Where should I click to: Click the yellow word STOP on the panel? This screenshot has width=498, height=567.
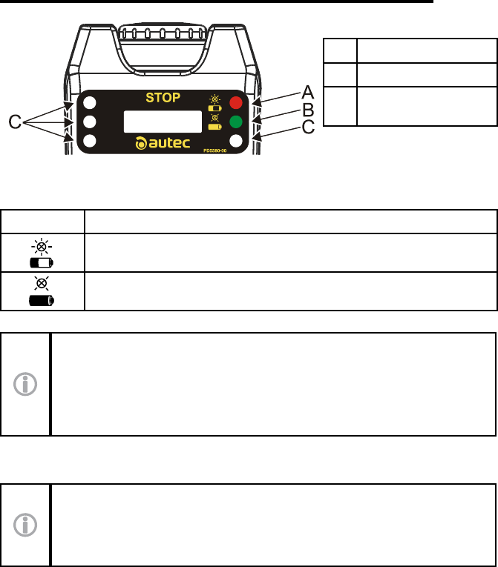(x=163, y=97)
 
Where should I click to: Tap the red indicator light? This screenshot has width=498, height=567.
(x=236, y=102)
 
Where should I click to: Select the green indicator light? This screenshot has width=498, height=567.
(x=236, y=122)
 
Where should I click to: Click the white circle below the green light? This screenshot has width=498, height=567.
(x=236, y=141)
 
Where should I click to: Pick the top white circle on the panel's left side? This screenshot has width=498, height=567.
(x=89, y=102)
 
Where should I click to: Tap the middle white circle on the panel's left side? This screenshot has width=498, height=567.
(x=89, y=122)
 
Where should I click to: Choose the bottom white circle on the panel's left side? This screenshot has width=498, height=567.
(x=89, y=141)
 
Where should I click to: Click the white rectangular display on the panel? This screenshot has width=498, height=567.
(x=163, y=121)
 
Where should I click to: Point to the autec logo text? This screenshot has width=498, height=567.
(x=168, y=143)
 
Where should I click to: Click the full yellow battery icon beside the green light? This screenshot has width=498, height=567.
(x=214, y=127)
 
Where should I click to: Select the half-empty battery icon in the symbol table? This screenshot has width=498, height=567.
(x=42, y=262)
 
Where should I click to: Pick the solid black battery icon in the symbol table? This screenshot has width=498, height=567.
(x=42, y=300)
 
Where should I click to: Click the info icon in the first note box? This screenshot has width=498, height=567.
(x=25, y=384)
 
